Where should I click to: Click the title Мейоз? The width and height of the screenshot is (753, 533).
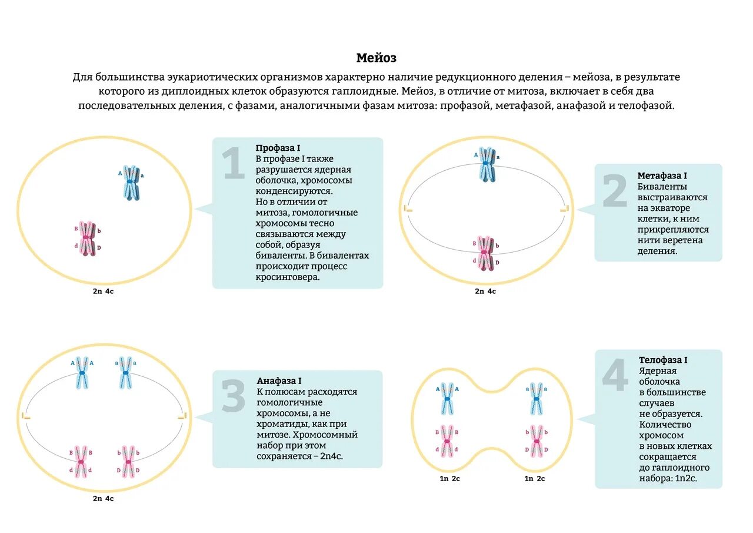(x=376, y=58)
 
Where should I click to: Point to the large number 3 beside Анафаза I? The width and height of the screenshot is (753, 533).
(x=233, y=395)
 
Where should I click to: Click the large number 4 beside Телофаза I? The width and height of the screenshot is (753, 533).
(x=615, y=376)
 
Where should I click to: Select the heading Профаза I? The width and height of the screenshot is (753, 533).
(x=278, y=148)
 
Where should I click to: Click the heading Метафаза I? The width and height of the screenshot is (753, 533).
(x=662, y=176)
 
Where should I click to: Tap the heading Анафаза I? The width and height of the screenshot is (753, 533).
(x=279, y=381)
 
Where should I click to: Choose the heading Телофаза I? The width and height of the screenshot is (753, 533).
(x=663, y=360)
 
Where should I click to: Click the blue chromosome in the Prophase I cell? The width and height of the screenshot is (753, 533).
(x=131, y=183)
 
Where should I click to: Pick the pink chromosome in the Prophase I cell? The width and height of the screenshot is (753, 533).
(x=88, y=239)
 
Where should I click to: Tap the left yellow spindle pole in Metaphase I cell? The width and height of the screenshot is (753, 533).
(x=408, y=209)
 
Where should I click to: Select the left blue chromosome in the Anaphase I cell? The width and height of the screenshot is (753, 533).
(x=82, y=373)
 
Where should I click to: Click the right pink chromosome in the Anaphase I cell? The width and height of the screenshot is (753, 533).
(x=128, y=461)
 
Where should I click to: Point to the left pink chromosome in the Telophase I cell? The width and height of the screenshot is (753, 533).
(x=447, y=441)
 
